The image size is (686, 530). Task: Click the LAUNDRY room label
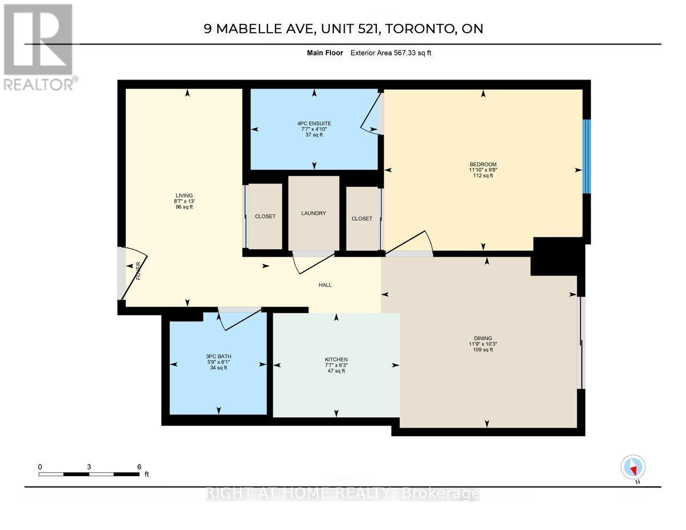(x=313, y=213)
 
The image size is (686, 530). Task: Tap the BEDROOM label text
(x=483, y=165)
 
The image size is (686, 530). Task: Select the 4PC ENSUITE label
(x=314, y=123)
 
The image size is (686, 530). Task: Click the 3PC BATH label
(x=218, y=356)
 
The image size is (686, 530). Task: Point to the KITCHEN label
(x=336, y=360)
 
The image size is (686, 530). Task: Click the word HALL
(x=325, y=285)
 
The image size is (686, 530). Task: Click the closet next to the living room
(x=265, y=216)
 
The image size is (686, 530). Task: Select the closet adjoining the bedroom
(x=362, y=218)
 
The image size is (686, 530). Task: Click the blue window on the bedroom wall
(x=586, y=157)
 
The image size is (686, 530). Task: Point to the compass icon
(x=633, y=467)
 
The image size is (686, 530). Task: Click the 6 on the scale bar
(x=139, y=467)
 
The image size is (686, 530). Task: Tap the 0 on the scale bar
(x=40, y=467)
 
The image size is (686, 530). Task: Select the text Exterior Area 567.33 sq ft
(x=394, y=53)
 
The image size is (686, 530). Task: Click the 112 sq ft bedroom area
(x=483, y=176)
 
